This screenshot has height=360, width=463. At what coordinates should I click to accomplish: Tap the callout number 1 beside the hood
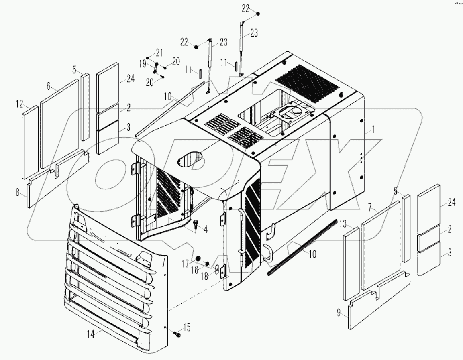[373, 130]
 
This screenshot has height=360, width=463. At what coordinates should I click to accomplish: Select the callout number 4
[205, 230]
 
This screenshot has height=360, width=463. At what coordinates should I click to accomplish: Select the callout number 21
[159, 53]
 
